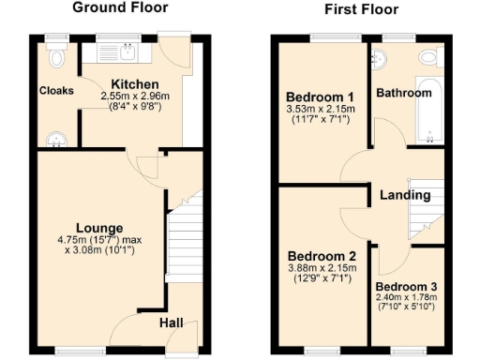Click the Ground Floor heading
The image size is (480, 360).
[120, 7]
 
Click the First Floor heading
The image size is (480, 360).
[361, 9]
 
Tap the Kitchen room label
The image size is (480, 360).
[135, 84]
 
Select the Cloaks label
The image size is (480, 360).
[56, 91]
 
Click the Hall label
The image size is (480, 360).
[172, 322]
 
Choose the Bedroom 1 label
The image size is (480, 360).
[320, 97]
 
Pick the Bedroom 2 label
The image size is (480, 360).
[322, 256]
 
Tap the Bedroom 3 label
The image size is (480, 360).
[406, 287]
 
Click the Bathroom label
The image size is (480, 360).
[404, 94]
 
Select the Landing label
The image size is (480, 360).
[405, 195]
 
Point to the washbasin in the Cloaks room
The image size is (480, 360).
[59, 140]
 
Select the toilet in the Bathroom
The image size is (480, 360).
[428, 58]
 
